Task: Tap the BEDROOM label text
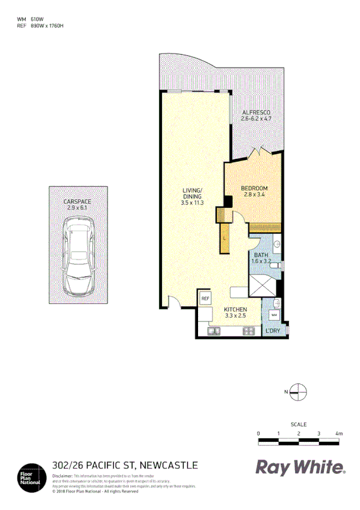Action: point(255,188)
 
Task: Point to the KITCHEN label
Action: point(236,309)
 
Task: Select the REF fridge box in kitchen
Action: point(205,299)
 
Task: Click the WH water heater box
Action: point(274,315)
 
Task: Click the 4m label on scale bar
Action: point(338,434)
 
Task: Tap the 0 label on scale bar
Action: point(258,434)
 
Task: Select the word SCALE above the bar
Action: point(298,424)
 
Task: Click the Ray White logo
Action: point(301,468)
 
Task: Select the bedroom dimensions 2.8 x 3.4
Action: point(255,194)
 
